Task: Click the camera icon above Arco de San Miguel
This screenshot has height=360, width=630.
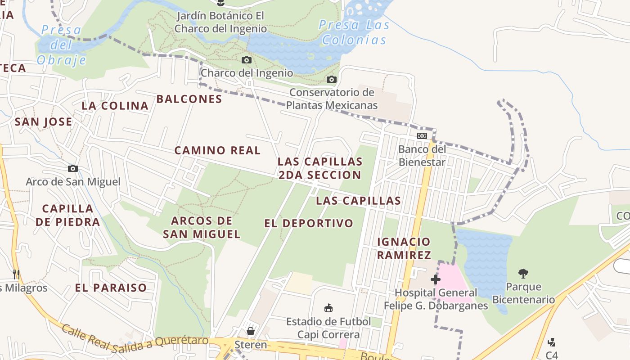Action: tap(73, 169)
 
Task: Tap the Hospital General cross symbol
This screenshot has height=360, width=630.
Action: tap(435, 279)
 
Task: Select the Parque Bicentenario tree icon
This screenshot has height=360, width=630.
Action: tap(523, 273)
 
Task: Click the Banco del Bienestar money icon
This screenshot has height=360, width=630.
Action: tap(422, 135)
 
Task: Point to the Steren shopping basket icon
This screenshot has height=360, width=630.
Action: tap(251, 331)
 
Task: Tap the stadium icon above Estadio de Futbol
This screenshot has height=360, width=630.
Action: tap(328, 308)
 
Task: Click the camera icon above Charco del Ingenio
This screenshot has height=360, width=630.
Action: tap(246, 60)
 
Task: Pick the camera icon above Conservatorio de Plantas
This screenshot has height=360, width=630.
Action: tap(332, 80)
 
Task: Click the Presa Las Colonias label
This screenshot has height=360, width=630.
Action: tap(354, 32)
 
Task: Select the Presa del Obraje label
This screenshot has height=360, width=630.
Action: tap(61, 45)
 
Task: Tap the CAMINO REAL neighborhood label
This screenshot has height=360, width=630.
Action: tap(217, 150)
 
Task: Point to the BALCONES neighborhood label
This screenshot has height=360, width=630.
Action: tap(189, 99)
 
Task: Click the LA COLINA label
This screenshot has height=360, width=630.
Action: tap(115, 106)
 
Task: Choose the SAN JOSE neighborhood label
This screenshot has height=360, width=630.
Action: tap(43, 121)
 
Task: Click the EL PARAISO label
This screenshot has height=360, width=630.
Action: tap(111, 288)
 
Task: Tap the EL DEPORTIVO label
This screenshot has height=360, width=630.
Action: tap(309, 223)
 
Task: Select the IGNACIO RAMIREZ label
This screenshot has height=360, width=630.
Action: tap(404, 248)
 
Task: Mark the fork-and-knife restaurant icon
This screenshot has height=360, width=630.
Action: tap(16, 274)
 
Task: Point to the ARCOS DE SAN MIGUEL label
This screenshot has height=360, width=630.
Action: tap(202, 227)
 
